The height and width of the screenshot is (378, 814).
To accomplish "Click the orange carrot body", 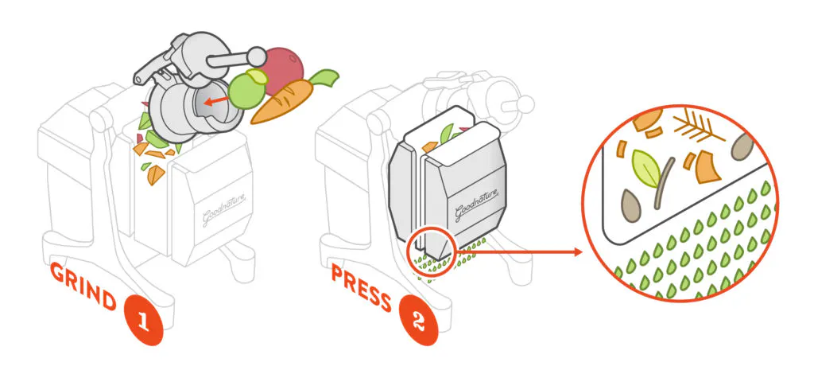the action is click(x=282, y=103).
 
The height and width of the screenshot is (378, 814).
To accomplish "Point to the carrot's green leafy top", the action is click(x=324, y=79).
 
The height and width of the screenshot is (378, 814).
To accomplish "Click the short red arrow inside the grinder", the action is click(x=215, y=101).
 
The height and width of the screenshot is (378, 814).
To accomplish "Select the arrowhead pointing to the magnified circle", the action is click(x=577, y=252).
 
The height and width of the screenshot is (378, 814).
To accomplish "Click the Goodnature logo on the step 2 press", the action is click(x=477, y=205).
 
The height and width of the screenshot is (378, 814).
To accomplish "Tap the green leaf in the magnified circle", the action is click(x=646, y=168).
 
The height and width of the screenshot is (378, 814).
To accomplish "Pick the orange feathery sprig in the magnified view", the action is click(x=698, y=127).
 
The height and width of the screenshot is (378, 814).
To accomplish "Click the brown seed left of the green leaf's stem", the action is click(x=630, y=205).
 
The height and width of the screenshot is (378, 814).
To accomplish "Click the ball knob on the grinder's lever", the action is click(x=257, y=55).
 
